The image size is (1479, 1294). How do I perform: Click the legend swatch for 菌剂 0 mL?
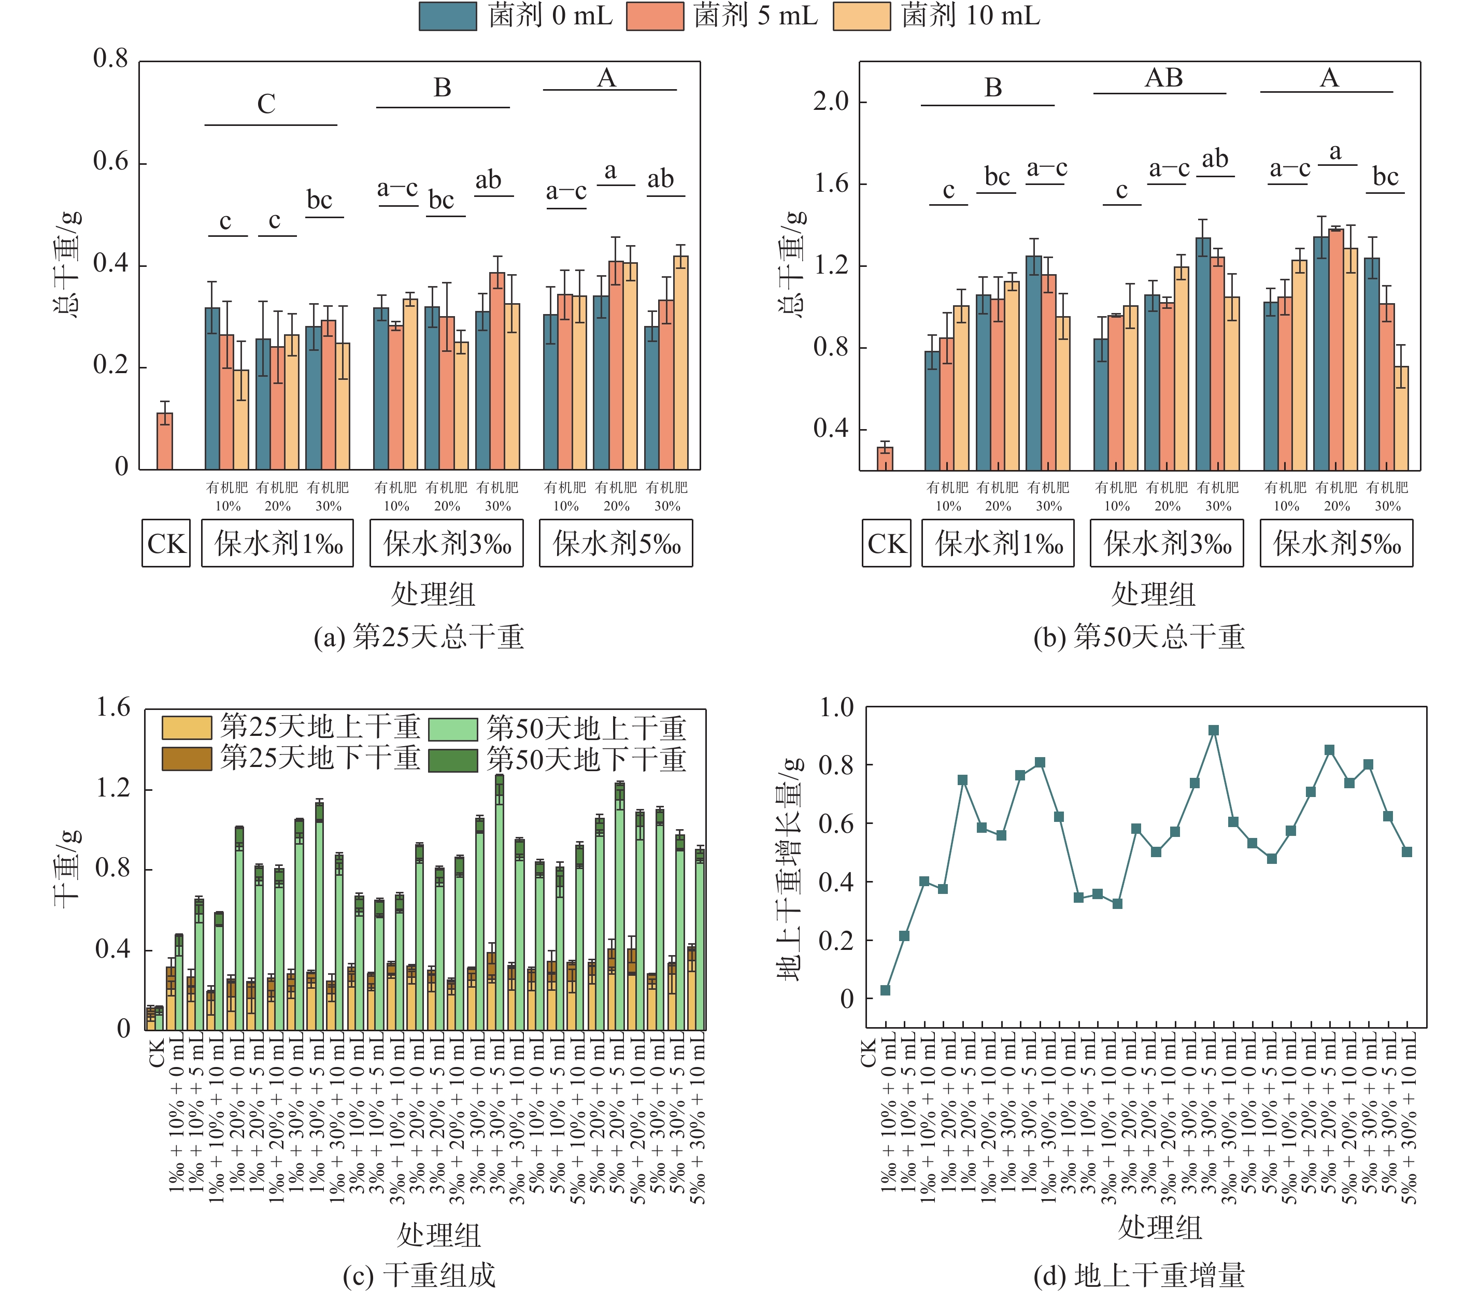(x=447, y=16)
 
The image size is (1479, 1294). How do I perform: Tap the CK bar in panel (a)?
(x=165, y=441)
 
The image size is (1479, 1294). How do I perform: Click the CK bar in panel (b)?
(x=885, y=459)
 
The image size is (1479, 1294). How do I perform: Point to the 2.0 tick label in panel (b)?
(x=831, y=102)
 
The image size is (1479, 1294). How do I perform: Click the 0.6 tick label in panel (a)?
(x=110, y=162)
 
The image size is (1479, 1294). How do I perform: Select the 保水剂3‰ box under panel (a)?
(x=446, y=544)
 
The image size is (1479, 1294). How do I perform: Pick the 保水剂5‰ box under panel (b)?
(x=1336, y=544)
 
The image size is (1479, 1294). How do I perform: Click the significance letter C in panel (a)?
(x=266, y=105)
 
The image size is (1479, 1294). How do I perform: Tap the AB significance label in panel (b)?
(x=1163, y=78)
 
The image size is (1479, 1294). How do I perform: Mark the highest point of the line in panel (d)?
(x=1213, y=731)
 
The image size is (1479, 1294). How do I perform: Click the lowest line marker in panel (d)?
(x=885, y=990)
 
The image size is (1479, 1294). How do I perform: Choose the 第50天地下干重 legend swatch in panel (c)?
(x=453, y=760)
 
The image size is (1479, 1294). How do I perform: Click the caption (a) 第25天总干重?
(x=418, y=637)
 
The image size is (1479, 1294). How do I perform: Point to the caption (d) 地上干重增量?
(x=1139, y=1275)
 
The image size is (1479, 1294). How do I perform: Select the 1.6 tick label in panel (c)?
(x=113, y=708)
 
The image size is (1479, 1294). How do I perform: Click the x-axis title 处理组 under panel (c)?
(x=438, y=1235)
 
